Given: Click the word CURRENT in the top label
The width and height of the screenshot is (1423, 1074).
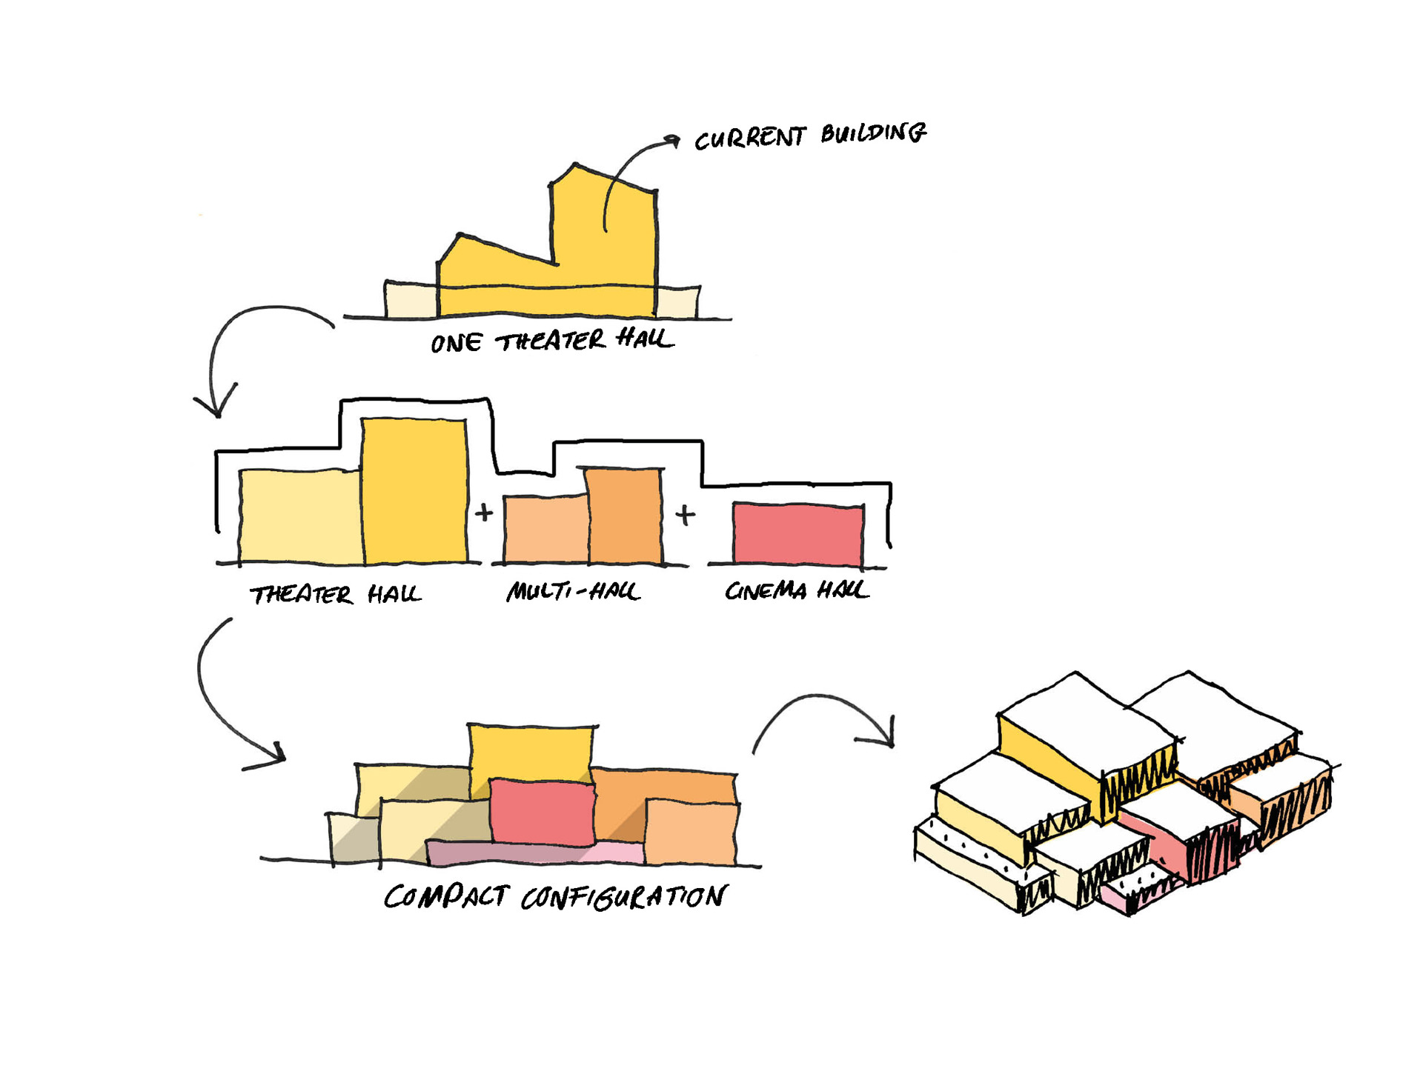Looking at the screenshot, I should point(749,139).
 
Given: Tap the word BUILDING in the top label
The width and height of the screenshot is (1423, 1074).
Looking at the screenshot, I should point(873,133).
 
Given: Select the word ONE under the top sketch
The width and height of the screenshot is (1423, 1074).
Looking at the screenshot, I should point(456,343).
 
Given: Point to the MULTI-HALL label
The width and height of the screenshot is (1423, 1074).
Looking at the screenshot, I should point(572,591).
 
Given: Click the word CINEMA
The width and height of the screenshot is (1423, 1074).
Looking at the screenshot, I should point(765,590).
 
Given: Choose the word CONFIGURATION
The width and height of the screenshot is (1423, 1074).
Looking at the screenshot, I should point(623,897).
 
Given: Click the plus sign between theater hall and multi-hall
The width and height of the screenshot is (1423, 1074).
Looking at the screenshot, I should point(484,512).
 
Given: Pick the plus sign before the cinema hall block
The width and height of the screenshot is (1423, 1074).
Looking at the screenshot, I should point(686,514).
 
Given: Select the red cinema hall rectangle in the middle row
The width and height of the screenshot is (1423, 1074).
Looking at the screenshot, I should point(797,534).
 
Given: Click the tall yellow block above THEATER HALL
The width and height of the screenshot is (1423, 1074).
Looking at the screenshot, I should point(414,490).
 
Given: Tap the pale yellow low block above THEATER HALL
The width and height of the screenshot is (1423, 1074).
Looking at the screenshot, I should point(300,516).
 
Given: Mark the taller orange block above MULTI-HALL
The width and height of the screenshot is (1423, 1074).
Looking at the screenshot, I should point(624,516).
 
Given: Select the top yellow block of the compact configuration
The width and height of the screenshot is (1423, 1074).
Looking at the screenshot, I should point(531,751).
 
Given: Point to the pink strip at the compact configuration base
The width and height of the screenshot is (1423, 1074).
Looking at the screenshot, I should point(534,854).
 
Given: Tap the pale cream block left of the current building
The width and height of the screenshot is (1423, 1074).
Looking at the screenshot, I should point(411,301).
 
